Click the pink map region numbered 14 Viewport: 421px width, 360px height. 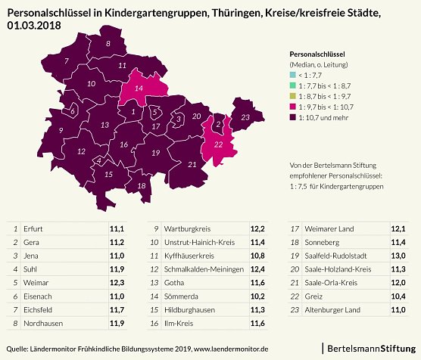139,90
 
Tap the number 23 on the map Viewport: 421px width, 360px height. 245,117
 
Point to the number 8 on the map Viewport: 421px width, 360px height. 108,45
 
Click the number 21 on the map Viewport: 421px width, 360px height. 192,164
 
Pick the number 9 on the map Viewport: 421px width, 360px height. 61,130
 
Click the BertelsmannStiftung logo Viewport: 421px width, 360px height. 370,347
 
